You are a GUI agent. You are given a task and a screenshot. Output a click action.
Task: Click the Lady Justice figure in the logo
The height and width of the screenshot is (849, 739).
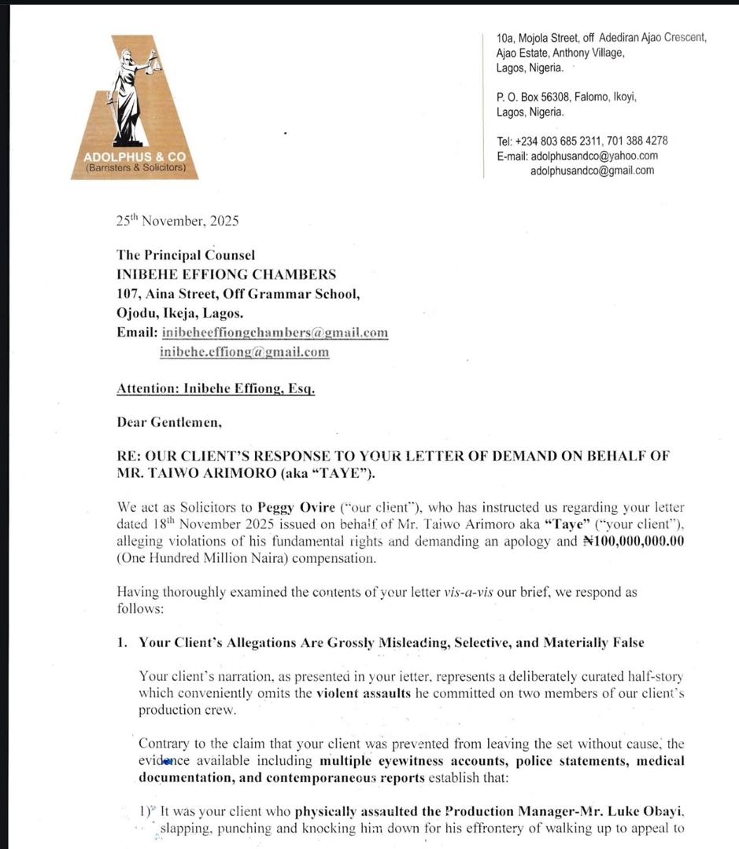pyautogui.click(x=131, y=94)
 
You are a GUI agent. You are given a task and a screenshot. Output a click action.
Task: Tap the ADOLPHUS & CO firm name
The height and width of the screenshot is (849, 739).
pyautogui.click(x=135, y=156)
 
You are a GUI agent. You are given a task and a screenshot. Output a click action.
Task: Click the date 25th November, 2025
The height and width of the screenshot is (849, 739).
pyautogui.click(x=177, y=221)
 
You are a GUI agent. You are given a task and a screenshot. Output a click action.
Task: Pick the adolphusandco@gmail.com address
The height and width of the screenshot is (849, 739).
pyautogui.click(x=592, y=170)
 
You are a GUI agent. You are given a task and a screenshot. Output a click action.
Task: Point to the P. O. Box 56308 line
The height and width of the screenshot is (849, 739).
pyautogui.click(x=566, y=97)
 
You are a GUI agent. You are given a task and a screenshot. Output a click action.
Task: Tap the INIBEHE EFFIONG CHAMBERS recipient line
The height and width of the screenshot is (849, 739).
pyautogui.click(x=226, y=274)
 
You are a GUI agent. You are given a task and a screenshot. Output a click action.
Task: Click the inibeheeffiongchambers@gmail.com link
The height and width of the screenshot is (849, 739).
pyautogui.click(x=274, y=333)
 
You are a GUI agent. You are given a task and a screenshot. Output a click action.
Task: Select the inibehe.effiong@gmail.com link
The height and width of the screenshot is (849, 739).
pyautogui.click(x=244, y=351)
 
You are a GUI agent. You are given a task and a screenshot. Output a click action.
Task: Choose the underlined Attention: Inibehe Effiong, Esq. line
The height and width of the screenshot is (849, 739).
pyautogui.click(x=216, y=388)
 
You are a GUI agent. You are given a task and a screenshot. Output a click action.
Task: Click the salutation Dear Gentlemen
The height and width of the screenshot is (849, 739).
pyautogui.click(x=169, y=422)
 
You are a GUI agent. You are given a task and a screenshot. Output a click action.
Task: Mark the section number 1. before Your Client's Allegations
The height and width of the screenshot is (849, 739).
pyautogui.click(x=122, y=642)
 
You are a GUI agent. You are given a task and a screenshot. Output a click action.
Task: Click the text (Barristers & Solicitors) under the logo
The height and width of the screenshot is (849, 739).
pyautogui.click(x=135, y=167)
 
